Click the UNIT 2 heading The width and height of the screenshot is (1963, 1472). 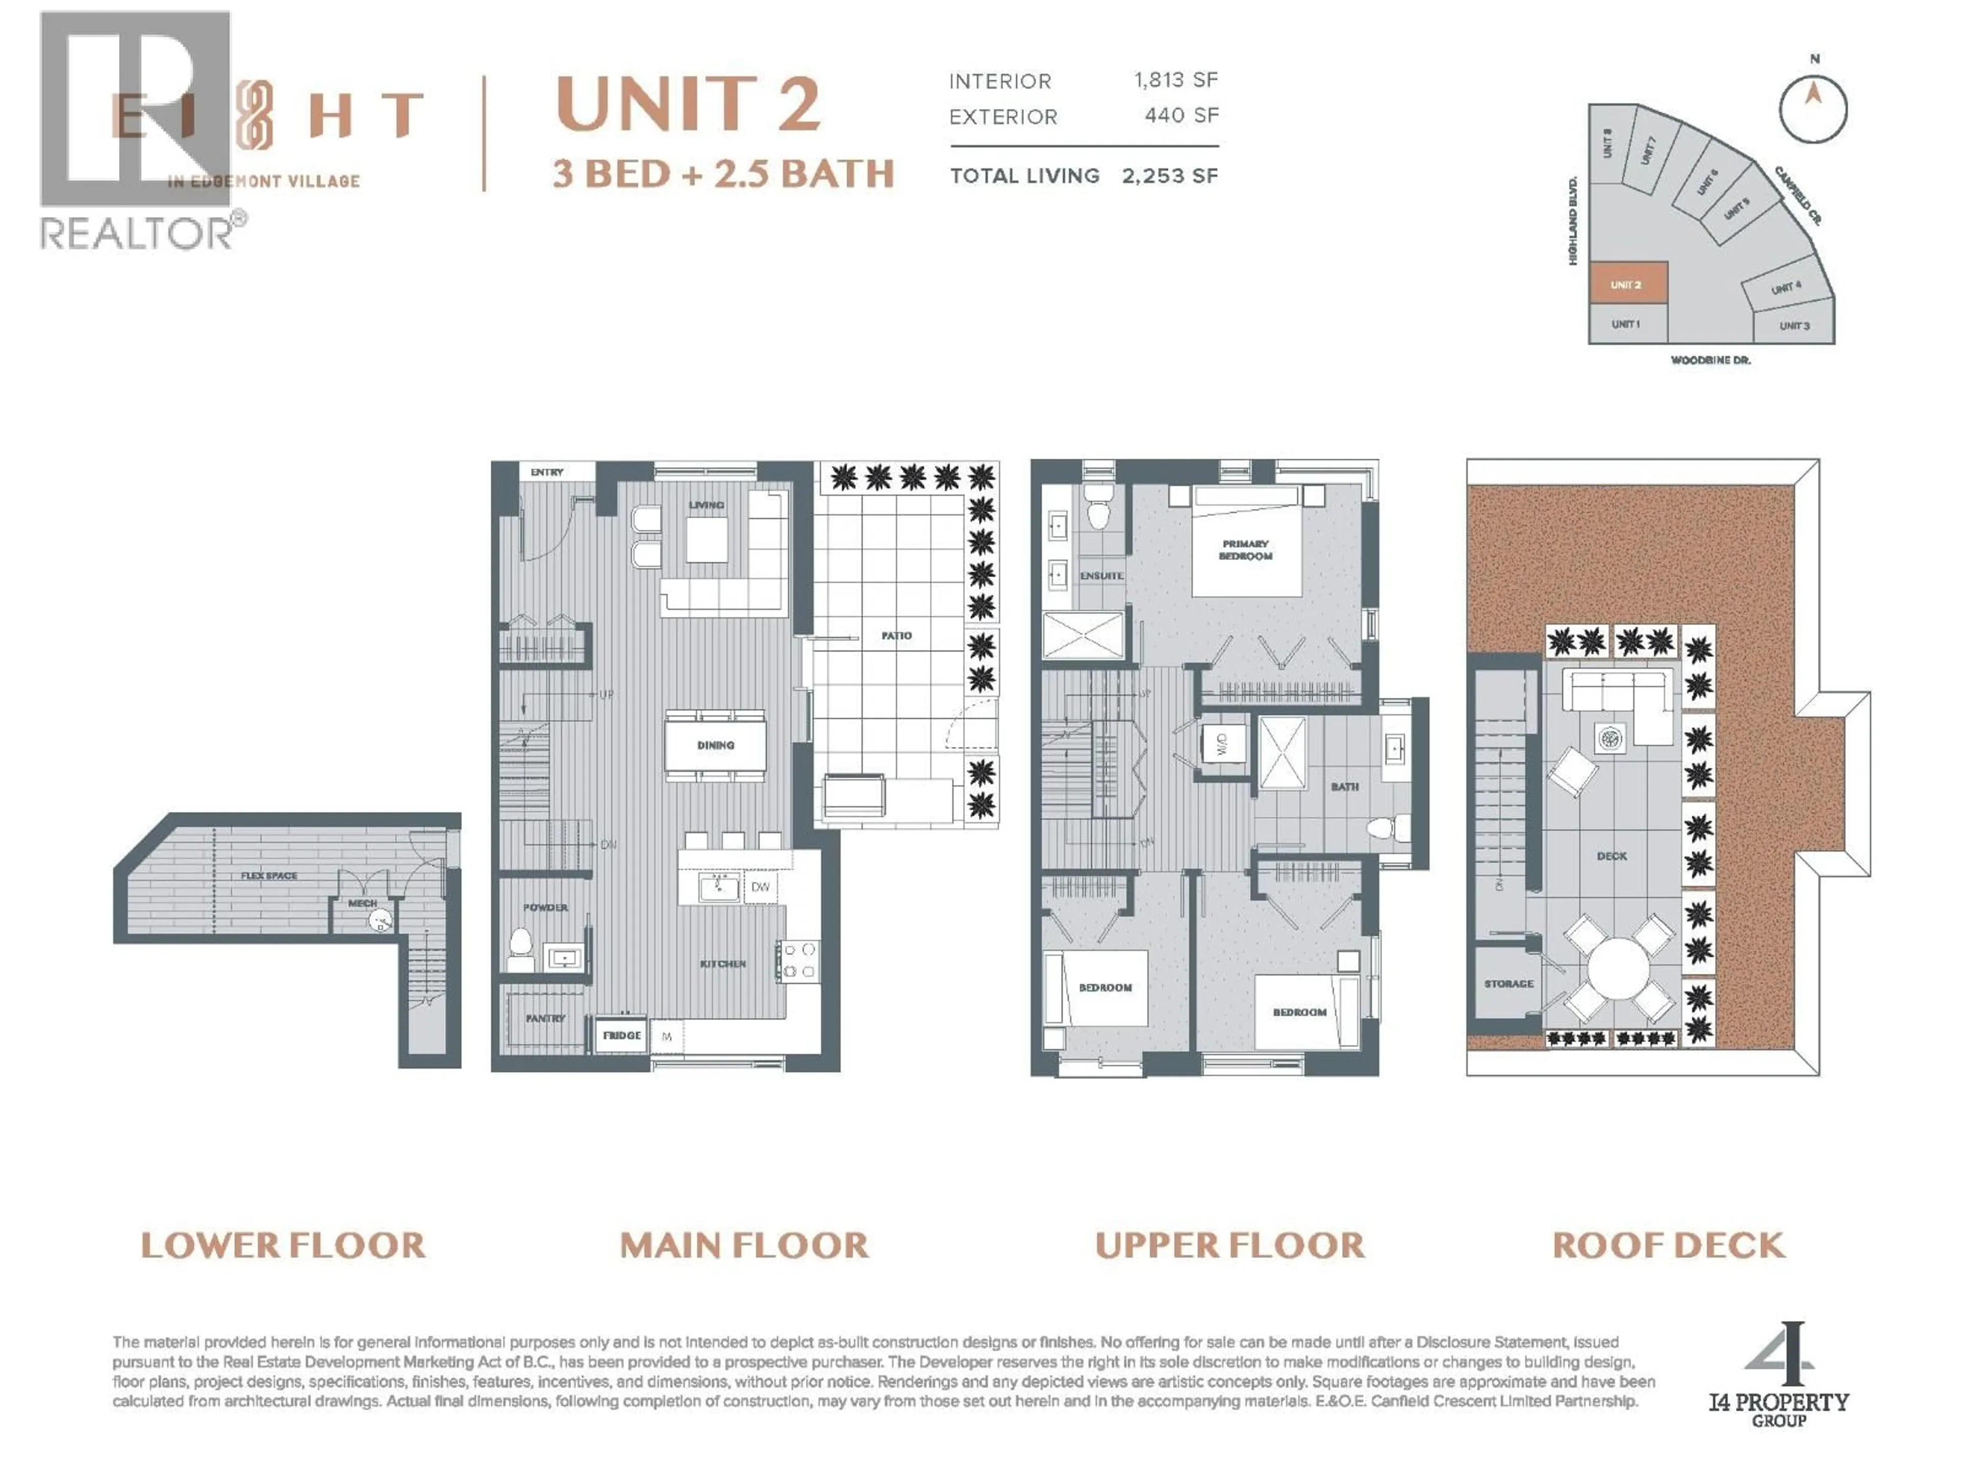click(688, 105)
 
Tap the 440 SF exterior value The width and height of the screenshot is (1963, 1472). click(1181, 116)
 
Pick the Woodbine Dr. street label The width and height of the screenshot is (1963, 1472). click(1710, 360)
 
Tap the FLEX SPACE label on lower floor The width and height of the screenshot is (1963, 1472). click(269, 876)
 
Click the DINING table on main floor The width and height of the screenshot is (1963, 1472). click(715, 745)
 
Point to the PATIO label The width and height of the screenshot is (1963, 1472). click(896, 635)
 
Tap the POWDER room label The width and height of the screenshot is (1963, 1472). click(545, 907)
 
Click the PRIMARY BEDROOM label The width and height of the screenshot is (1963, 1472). click(1245, 550)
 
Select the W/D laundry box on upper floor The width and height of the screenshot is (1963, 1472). click(1221, 744)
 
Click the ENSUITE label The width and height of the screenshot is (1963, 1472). click(1101, 576)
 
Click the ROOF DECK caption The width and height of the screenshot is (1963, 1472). click(1668, 1245)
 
